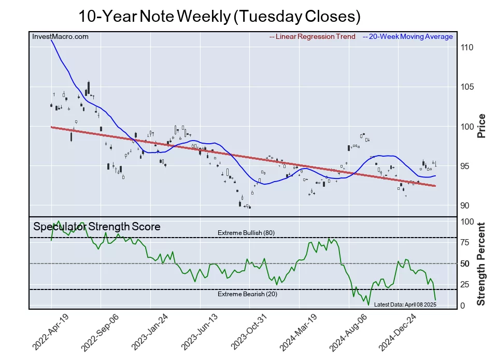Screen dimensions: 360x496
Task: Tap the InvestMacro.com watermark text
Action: (60, 36)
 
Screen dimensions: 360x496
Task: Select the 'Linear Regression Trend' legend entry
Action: (313, 36)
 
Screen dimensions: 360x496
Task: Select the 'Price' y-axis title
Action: (481, 125)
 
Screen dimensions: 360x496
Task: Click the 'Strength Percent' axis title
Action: (481, 264)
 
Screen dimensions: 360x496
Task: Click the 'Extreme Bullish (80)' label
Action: (246, 233)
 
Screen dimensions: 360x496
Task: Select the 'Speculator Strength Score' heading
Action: (97, 227)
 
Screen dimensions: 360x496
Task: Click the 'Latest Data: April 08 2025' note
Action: (405, 304)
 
